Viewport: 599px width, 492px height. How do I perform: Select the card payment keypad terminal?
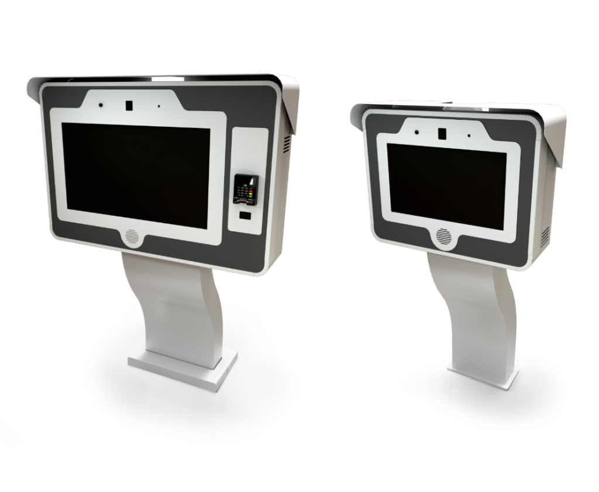(x=245, y=189)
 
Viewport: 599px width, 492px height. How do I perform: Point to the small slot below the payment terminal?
(x=246, y=216)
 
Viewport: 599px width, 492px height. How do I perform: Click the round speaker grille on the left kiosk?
(x=133, y=237)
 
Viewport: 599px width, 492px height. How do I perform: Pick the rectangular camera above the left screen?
(x=129, y=106)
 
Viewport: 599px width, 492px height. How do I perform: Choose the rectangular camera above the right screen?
(x=443, y=133)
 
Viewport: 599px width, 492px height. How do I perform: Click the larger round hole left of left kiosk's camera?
(x=101, y=105)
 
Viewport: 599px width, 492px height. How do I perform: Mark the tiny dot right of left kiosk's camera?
(x=159, y=107)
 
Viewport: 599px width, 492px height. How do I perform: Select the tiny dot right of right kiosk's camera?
(x=468, y=135)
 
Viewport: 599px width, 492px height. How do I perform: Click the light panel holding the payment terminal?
(x=250, y=152)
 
